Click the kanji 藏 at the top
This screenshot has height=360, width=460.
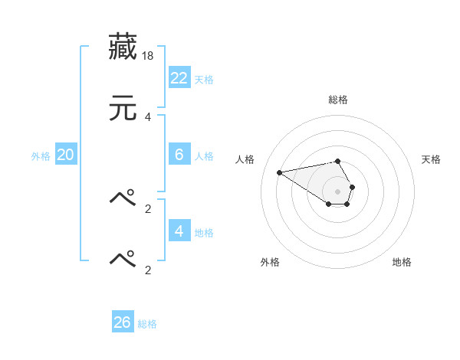coord(123,47)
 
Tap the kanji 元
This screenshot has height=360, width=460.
coord(123,109)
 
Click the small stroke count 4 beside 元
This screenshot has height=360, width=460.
coord(148,117)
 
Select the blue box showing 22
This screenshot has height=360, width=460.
coord(179,77)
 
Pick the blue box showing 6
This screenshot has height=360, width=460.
coord(179,154)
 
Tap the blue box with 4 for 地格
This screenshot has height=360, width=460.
coord(179,231)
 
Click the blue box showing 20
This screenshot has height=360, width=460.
coord(66,154)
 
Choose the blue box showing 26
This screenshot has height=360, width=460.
coord(123,322)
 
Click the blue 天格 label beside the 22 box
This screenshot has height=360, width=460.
coord(204,79)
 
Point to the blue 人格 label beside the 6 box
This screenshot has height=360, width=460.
coord(204,155)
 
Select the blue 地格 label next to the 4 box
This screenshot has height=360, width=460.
coord(204,232)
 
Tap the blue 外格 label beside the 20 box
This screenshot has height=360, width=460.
coord(41,155)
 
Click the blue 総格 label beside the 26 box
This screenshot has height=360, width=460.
coord(147,324)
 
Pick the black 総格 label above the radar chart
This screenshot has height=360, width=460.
coord(338,100)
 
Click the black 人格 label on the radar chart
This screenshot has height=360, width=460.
coord(245,159)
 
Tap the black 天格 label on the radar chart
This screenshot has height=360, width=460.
coord(432,159)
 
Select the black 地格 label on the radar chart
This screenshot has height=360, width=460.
coord(402,262)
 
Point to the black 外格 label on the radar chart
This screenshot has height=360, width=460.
coord(270,262)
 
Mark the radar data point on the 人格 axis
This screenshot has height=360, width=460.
coord(280,172)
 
